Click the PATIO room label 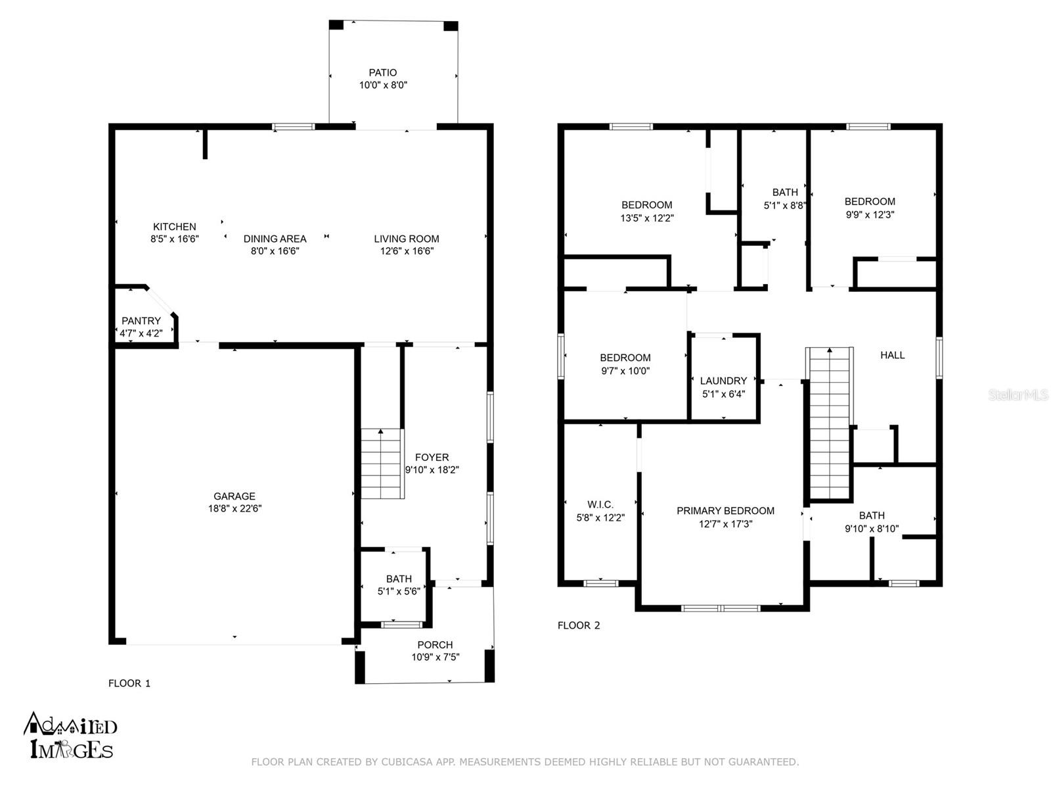click(382, 72)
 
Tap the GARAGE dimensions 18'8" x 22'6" click(235, 508)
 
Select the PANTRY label click(141, 320)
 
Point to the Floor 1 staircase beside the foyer click(381, 464)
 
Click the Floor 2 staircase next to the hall click(830, 423)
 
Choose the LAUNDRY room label click(723, 381)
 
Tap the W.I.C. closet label click(600, 504)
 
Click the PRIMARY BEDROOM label click(725, 511)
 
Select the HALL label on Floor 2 click(892, 355)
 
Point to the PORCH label click(435, 645)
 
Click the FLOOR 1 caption click(129, 683)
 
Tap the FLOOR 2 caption click(579, 625)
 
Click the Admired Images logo click(70, 736)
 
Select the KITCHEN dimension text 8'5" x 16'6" click(174, 239)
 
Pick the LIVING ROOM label click(406, 239)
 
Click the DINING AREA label click(275, 239)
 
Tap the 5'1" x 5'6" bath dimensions click(398, 591)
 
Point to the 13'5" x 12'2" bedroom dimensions click(647, 218)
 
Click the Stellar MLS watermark click(1018, 394)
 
